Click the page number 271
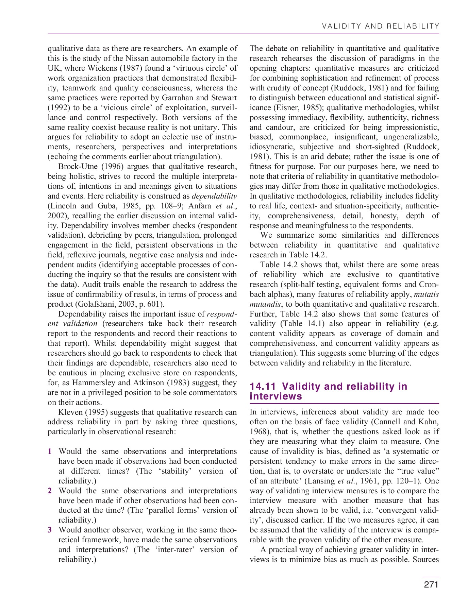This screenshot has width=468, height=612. (x=431, y=584)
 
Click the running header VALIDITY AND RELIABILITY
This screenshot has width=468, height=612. (x=380, y=27)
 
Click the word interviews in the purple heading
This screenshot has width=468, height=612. (x=275, y=396)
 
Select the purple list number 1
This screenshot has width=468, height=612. (x=50, y=452)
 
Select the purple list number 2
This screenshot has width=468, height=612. (x=50, y=491)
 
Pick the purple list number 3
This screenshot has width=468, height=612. (x=50, y=530)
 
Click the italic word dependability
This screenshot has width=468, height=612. (x=214, y=196)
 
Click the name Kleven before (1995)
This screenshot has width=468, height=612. (x=70, y=412)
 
